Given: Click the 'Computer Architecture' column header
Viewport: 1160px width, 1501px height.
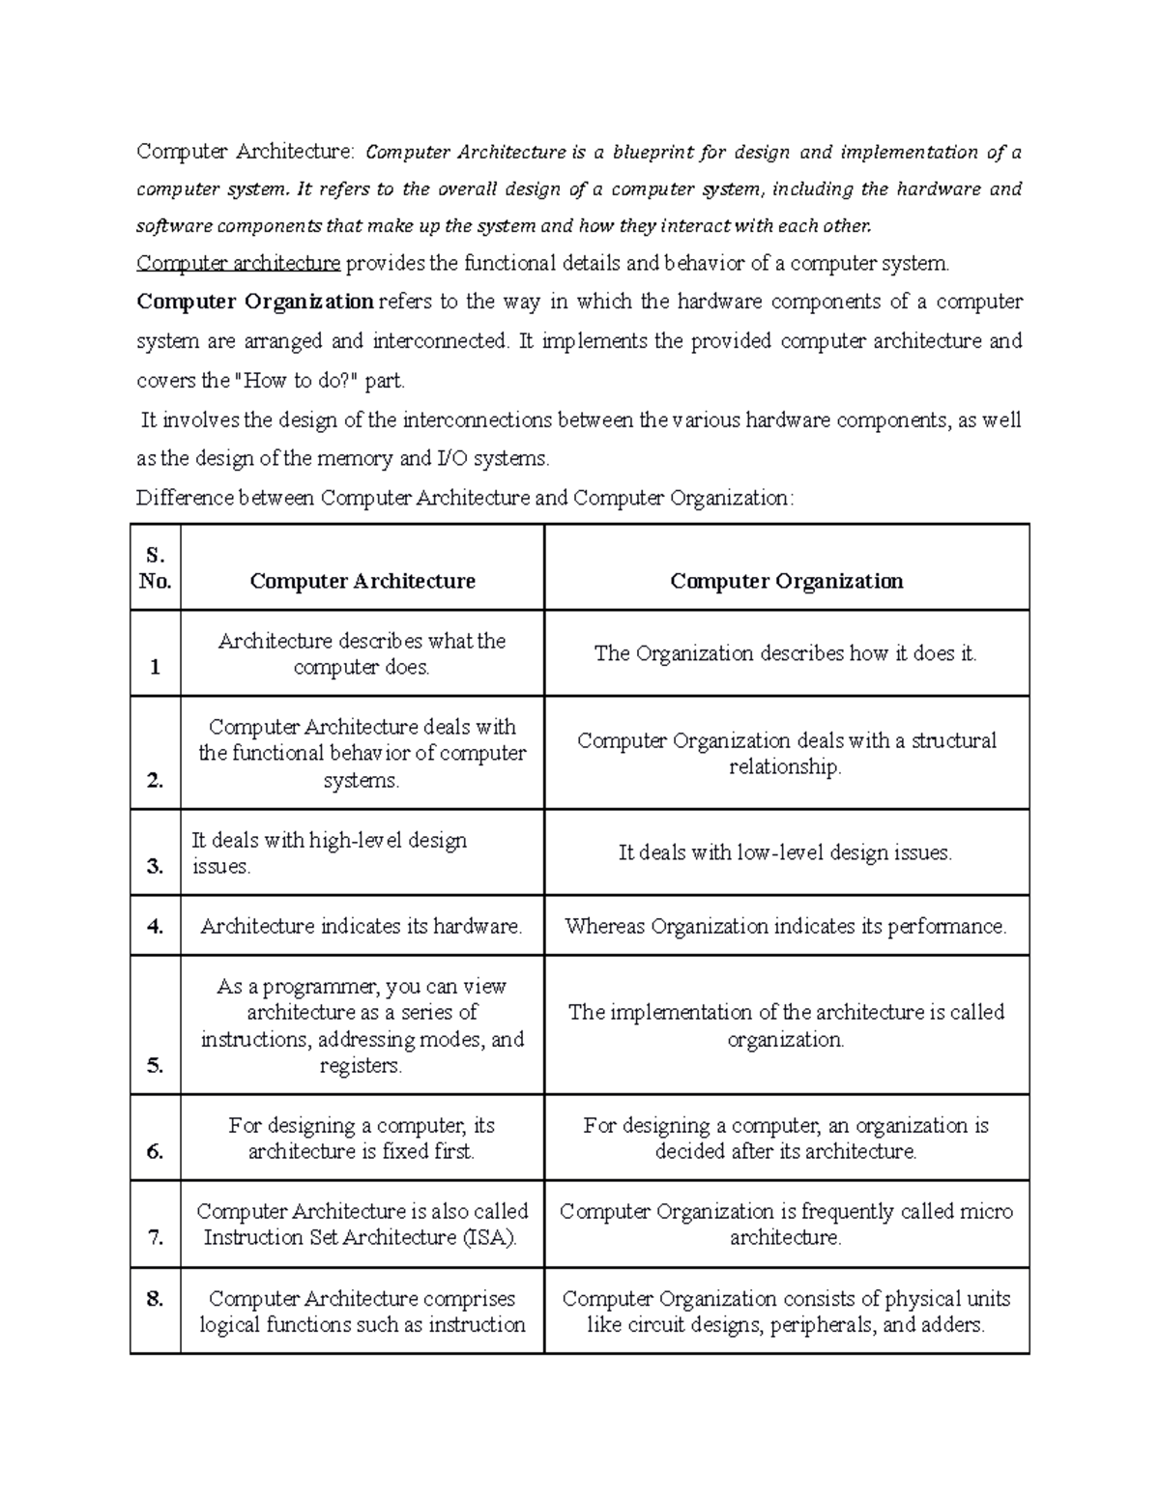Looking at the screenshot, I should pos(362,581).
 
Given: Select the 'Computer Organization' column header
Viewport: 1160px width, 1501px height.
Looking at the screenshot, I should pos(787,581).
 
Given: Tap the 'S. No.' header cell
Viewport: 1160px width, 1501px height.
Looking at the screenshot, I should pos(156,568).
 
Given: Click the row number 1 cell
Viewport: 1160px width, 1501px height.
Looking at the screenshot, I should pos(156,667).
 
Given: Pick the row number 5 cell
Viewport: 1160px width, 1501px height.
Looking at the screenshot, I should pos(156,1065).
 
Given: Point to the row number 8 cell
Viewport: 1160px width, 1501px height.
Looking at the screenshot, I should pos(156,1298).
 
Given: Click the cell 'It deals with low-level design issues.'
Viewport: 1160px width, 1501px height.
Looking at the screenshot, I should pos(785,852).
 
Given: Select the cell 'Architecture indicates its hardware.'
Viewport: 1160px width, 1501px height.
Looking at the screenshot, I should pos(362,926).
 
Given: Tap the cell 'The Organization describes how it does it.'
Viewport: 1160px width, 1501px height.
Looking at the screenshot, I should pos(785,653).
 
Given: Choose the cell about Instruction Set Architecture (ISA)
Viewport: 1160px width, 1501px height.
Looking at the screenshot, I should pos(362,1225).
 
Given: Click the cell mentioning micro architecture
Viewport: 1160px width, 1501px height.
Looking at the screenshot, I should pos(786,1225).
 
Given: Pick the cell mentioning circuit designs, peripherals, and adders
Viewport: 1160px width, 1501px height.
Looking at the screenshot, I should pos(786,1312).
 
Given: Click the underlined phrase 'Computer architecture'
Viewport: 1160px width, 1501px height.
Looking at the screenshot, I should pos(239,263).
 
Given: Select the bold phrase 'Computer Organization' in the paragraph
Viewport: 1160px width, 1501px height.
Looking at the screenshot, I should pos(255,302).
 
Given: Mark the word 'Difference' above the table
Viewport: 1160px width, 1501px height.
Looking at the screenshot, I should pos(185,498).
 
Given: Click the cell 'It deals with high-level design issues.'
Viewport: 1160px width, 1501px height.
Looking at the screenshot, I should pos(330,852).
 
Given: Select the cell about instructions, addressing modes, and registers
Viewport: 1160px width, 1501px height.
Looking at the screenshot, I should pos(362,1025).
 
